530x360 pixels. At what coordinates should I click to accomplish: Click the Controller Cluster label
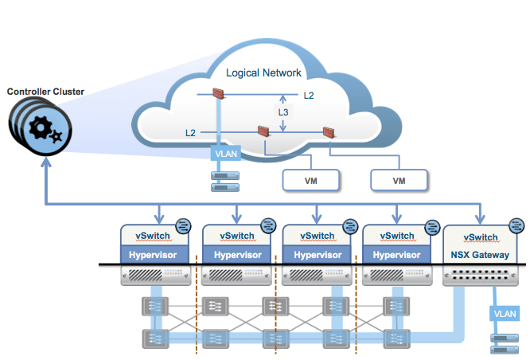[45, 92]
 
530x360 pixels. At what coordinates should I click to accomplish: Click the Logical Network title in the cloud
[263, 72]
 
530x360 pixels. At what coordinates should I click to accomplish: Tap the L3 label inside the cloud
[284, 113]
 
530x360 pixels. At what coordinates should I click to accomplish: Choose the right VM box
[399, 181]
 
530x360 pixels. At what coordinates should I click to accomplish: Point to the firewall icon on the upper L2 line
[220, 94]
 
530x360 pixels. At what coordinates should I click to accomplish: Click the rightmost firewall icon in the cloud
[328, 132]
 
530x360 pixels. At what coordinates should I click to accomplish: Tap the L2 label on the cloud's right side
[310, 95]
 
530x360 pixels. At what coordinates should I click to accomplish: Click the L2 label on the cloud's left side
[190, 131]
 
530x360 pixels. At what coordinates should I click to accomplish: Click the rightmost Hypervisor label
[397, 256]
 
